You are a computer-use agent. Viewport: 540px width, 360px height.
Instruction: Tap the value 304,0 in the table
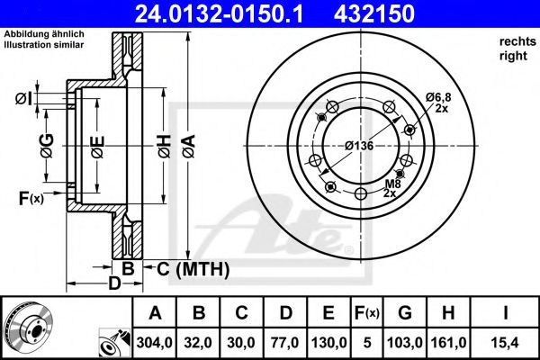tap(156, 343)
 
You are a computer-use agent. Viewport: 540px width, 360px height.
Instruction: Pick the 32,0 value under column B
tap(201, 343)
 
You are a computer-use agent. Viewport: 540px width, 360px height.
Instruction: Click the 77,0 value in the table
tap(286, 343)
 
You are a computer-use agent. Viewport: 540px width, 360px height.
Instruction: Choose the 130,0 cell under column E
tap(329, 343)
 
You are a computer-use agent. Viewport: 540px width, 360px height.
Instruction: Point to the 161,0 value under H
tap(449, 343)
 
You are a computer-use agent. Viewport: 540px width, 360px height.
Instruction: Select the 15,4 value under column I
tap(505, 343)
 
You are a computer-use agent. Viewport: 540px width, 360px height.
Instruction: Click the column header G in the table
tap(405, 313)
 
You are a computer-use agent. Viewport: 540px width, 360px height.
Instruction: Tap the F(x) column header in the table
tap(367, 313)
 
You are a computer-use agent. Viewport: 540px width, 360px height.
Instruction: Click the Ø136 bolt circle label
tap(359, 146)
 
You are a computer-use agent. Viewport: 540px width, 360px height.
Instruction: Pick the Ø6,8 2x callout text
tap(437, 102)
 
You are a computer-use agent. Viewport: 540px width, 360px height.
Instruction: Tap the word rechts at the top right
tap(514, 41)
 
